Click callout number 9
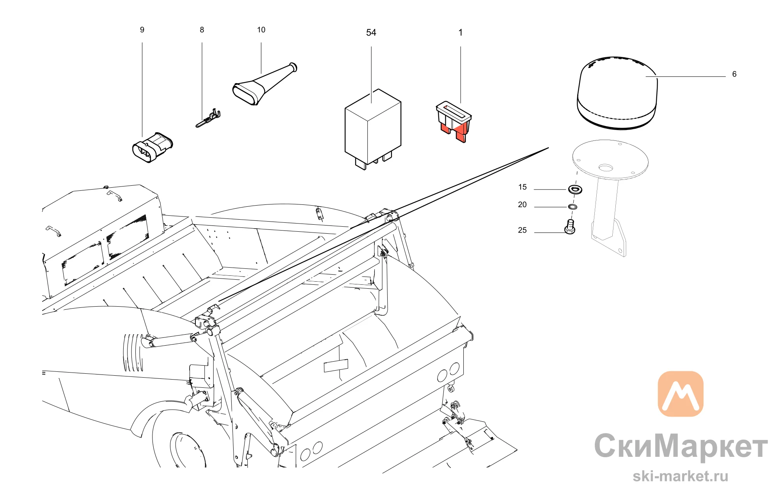(x=142, y=30)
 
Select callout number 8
(x=202, y=30)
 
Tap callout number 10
(x=261, y=30)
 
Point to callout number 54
(x=371, y=33)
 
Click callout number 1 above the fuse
(x=460, y=33)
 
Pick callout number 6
(x=734, y=74)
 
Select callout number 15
(x=522, y=187)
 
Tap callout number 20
(x=522, y=205)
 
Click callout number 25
(x=522, y=231)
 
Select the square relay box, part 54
(x=372, y=129)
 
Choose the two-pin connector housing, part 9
(x=152, y=147)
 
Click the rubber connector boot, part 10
(x=264, y=84)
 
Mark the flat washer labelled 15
(x=575, y=190)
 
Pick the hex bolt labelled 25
(x=570, y=227)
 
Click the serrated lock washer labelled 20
(x=572, y=206)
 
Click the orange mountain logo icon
(x=681, y=394)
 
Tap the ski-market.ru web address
(x=681, y=476)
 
